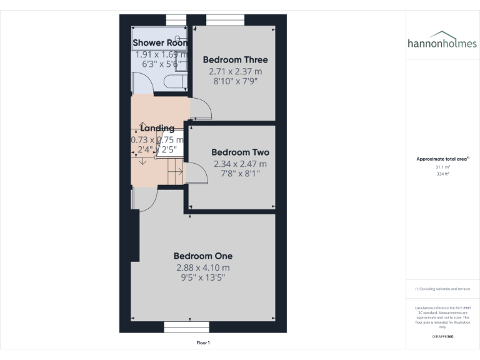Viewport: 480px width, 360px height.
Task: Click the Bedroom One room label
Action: [x=203, y=256]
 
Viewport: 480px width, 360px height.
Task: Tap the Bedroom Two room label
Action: [x=240, y=152]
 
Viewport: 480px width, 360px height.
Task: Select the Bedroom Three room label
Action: [x=235, y=60]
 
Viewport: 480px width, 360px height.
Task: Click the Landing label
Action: [x=157, y=129]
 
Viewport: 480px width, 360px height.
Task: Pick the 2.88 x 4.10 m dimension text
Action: [x=203, y=268]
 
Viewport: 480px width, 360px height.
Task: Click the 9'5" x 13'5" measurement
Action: [x=203, y=279]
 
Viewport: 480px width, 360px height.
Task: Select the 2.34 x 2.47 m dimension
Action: [x=240, y=164]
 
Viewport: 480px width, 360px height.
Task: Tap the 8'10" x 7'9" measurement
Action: [x=235, y=81]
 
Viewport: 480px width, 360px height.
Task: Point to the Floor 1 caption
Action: [x=203, y=342]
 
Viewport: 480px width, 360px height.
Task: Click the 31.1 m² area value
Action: [x=442, y=167]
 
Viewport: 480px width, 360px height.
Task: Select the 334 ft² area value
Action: [x=442, y=174]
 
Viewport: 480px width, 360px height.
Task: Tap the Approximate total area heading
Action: [x=442, y=159]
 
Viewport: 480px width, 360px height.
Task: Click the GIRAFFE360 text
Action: [x=442, y=336]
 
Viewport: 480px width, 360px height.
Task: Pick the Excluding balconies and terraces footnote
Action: [x=442, y=289]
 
